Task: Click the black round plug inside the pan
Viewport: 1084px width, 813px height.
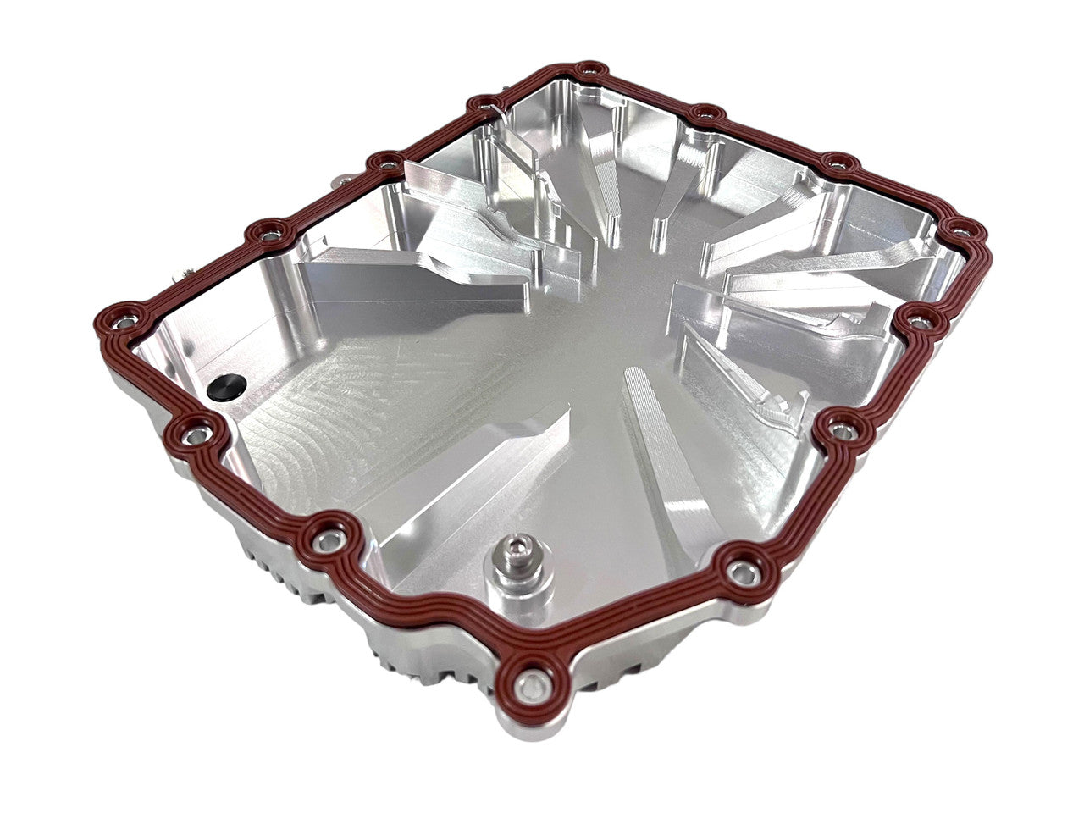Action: [x=226, y=386]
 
